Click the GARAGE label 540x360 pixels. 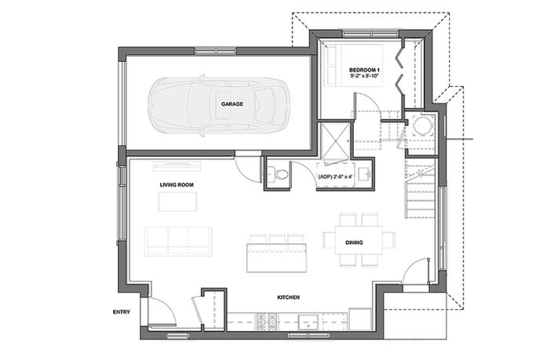click(x=232, y=104)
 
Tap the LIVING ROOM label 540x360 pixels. click(x=177, y=185)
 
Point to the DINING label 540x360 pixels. click(x=354, y=242)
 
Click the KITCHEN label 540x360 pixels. click(x=289, y=297)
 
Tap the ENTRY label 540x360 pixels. click(x=122, y=312)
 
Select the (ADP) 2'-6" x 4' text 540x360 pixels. click(x=335, y=176)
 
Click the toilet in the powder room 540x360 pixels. click(x=278, y=174)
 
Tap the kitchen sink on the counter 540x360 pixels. click(x=308, y=322)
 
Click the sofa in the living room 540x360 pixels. click(x=178, y=242)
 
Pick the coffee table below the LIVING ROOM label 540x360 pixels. click(x=177, y=202)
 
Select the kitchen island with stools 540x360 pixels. click(x=276, y=253)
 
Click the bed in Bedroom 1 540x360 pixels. click(x=355, y=65)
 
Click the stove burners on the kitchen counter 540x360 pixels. click(x=267, y=322)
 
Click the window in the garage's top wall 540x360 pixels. click(x=216, y=51)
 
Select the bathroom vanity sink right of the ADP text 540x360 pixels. click(x=363, y=174)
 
